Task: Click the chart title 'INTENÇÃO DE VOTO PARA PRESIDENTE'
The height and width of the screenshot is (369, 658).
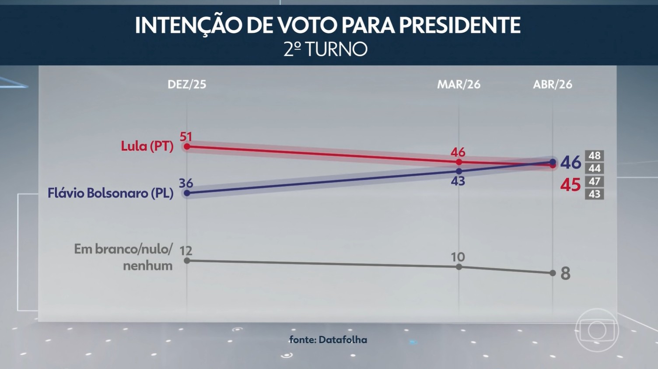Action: click(328, 25)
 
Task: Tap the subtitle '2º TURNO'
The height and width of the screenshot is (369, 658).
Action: click(325, 49)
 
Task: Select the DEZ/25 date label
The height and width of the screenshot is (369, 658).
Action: click(187, 84)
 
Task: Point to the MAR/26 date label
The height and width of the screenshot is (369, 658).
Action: click(458, 84)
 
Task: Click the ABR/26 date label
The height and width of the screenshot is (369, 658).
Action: click(552, 84)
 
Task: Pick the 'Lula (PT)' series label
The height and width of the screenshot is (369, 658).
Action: click(147, 146)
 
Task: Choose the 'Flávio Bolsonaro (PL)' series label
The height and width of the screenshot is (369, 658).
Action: click(110, 193)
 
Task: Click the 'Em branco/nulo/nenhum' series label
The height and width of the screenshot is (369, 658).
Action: click(123, 257)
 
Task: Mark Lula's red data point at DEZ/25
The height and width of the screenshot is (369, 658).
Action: click(187, 147)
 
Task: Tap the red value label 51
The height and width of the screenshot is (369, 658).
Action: click(186, 137)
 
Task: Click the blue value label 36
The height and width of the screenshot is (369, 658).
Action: click(186, 183)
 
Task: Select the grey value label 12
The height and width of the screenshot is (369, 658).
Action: click(186, 251)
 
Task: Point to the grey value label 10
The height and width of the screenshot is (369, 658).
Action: click(458, 257)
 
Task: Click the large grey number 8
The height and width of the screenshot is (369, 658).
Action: click(565, 274)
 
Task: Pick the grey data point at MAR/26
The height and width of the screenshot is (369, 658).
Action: click(459, 267)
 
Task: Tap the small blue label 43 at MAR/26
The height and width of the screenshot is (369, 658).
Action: click(458, 181)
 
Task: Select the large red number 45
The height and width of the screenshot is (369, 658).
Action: click(570, 185)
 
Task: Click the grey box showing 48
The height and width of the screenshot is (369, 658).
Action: click(595, 156)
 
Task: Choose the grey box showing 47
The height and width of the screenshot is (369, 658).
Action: click(595, 181)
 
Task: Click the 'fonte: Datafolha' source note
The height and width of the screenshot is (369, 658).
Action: click(328, 340)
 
